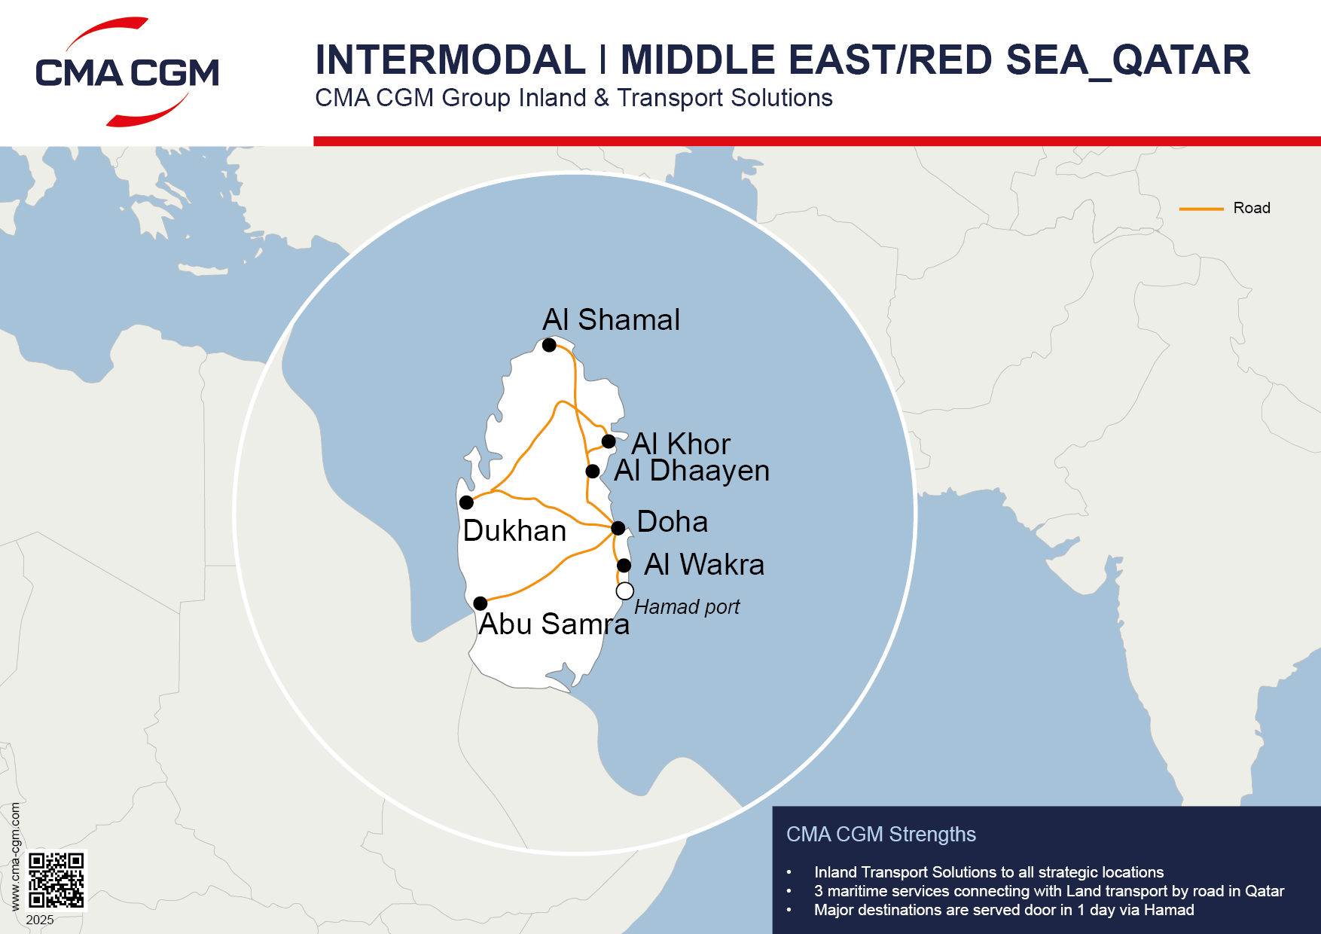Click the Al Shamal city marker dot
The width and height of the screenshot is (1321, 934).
(549, 345)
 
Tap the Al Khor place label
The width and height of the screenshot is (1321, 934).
(681, 444)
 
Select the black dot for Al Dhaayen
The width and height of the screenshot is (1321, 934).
(593, 472)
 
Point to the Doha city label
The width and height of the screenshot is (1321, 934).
(672, 522)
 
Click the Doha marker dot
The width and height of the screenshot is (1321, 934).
(618, 528)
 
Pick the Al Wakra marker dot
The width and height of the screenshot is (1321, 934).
(624, 566)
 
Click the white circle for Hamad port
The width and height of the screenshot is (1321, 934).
(624, 591)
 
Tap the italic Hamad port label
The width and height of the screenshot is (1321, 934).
(687, 607)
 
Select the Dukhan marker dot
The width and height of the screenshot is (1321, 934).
(467, 502)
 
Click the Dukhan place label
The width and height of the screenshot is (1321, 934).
(514, 531)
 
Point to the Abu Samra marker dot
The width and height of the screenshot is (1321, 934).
(481, 603)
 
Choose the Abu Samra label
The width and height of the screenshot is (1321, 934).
(554, 624)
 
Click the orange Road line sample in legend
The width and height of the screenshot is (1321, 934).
(1200, 209)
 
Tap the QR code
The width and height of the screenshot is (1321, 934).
(56, 880)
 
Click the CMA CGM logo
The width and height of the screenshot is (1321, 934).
(127, 72)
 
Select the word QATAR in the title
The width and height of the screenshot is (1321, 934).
(1181, 60)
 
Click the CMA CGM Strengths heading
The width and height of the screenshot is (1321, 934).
(880, 835)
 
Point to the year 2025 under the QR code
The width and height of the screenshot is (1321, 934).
(40, 920)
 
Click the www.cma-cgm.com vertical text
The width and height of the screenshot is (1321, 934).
(15, 856)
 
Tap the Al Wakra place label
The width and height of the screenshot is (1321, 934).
(704, 565)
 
